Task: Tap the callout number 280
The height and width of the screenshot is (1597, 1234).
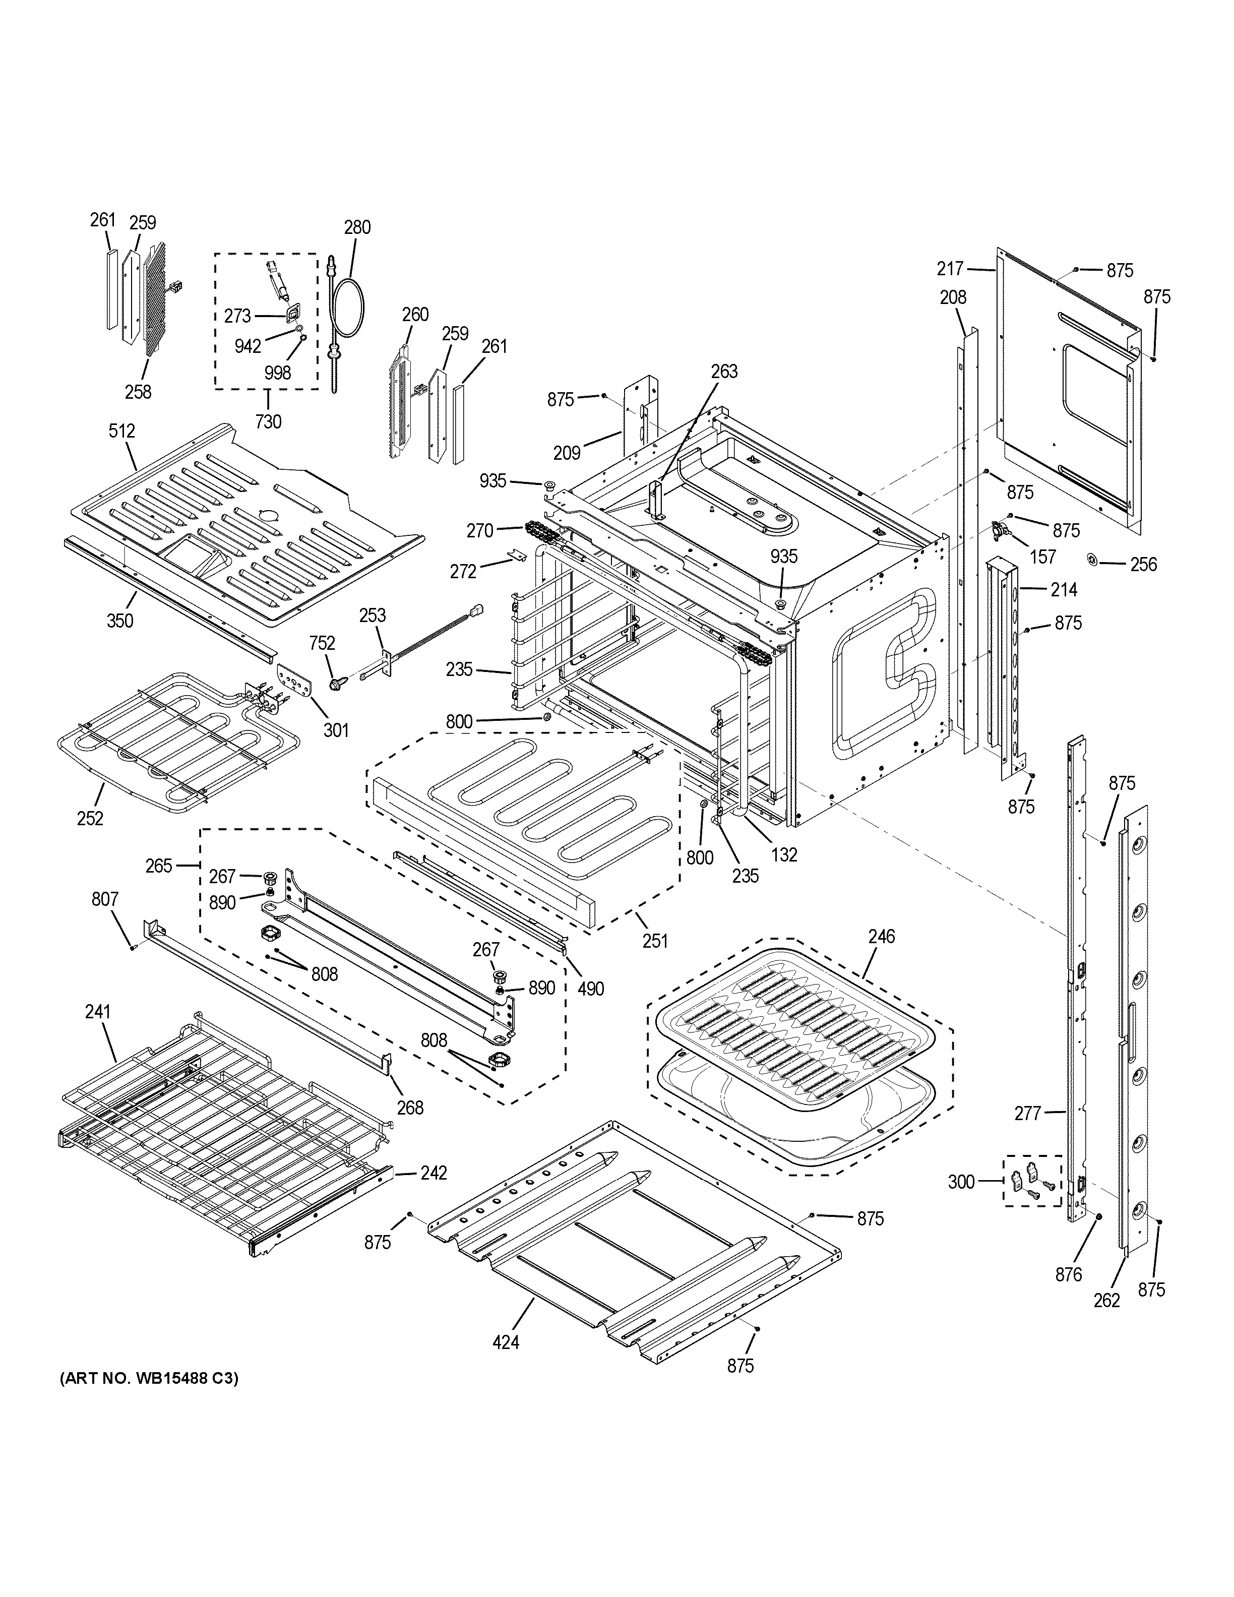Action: coord(357,227)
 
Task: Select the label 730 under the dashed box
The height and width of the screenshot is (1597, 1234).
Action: coord(268,422)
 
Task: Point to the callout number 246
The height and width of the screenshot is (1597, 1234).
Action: coord(882,936)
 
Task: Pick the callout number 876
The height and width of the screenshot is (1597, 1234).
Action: coord(1068,1274)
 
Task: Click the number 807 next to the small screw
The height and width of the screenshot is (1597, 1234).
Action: coord(105,899)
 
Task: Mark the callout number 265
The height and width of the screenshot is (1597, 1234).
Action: coord(159,866)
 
